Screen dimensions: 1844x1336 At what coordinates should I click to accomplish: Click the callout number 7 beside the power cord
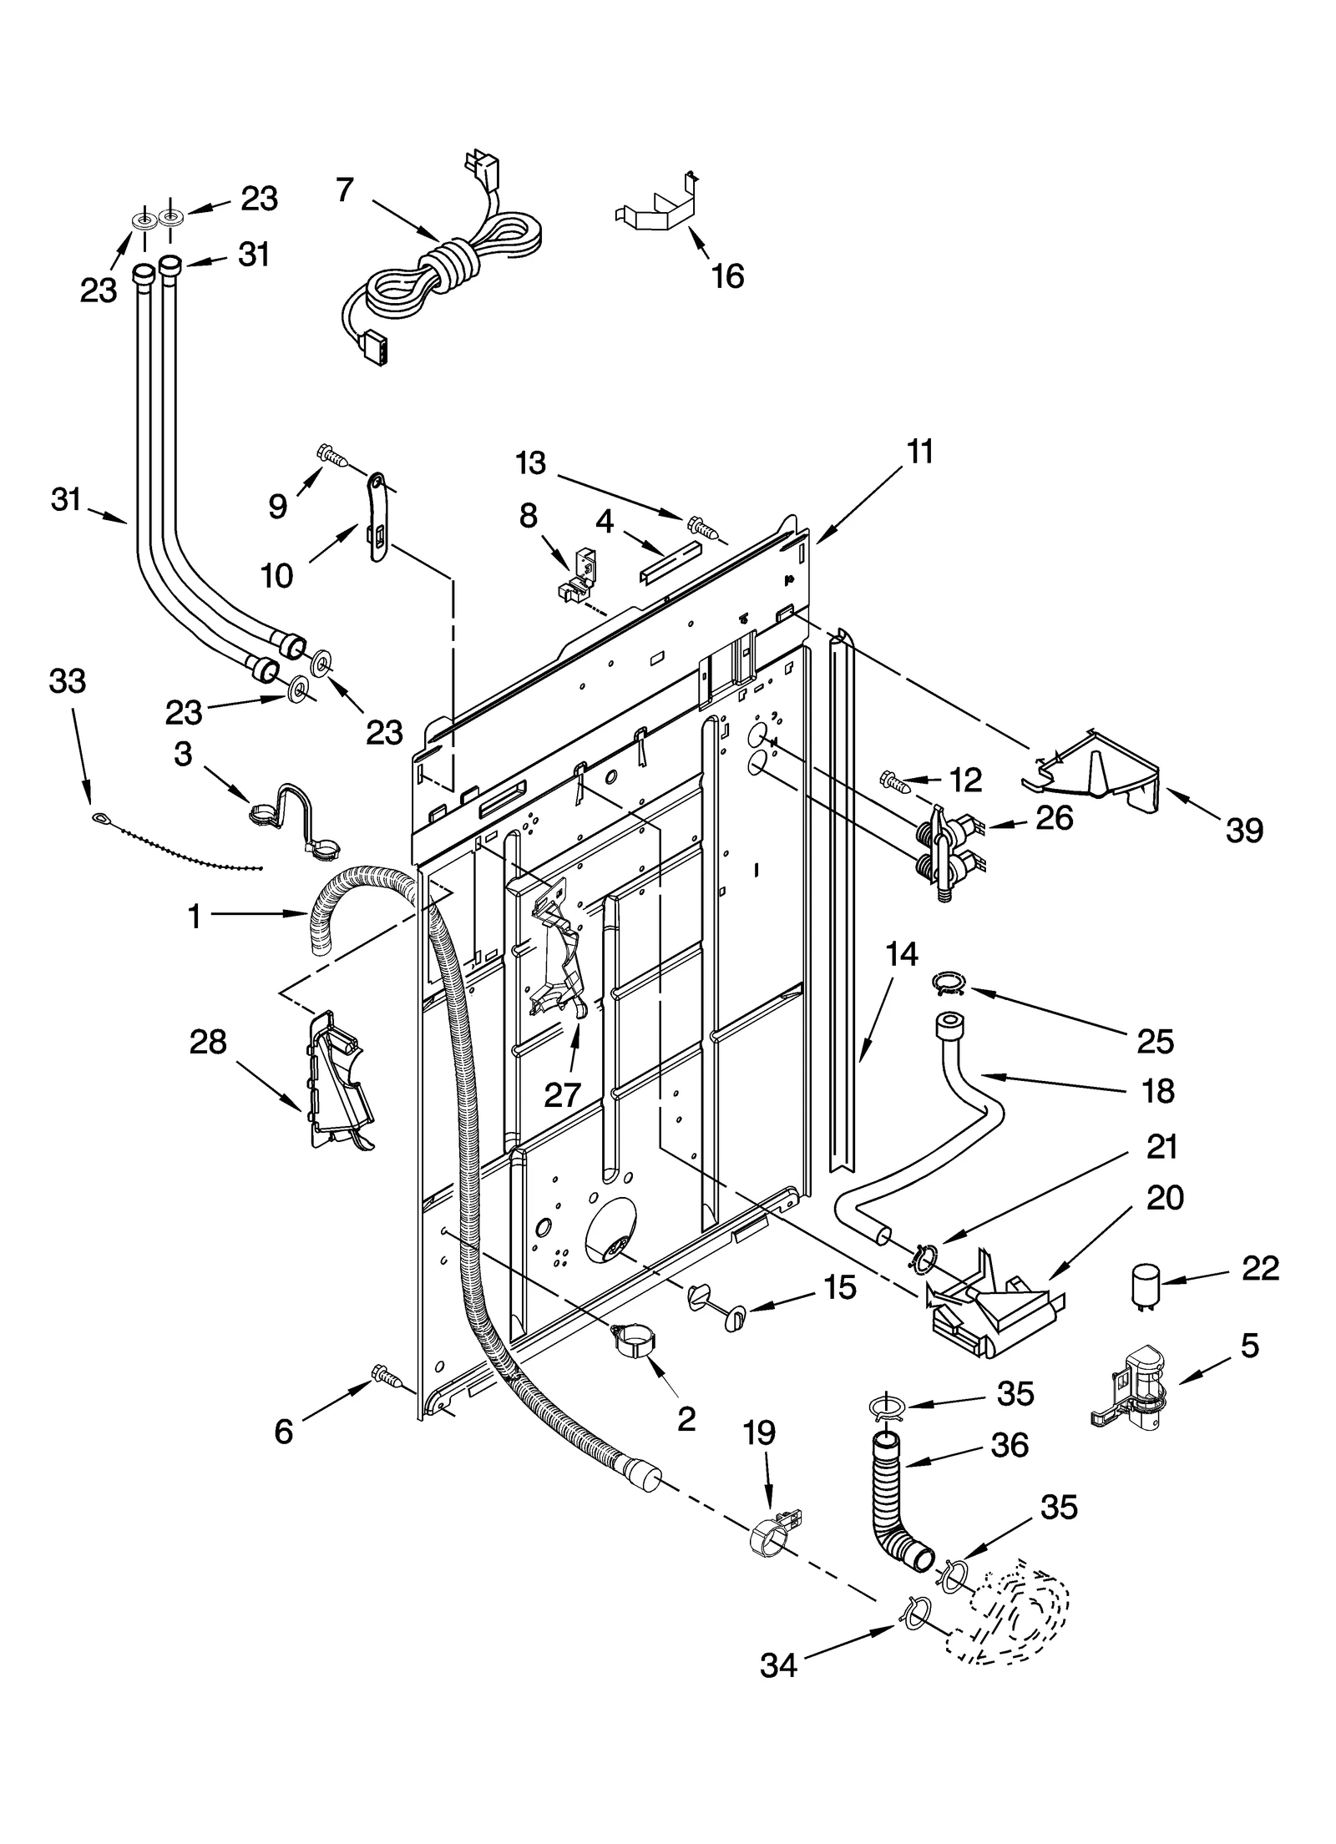345,191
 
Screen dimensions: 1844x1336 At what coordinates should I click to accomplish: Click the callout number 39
1244,830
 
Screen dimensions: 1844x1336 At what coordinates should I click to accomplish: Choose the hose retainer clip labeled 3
291,820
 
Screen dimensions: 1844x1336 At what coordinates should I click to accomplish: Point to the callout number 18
1157,1090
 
